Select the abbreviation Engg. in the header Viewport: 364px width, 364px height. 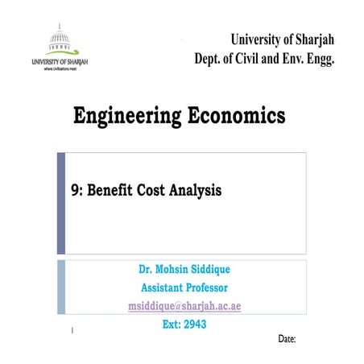click(317, 58)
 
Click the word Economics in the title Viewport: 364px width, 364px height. click(238, 116)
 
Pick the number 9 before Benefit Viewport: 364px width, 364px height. click(75, 191)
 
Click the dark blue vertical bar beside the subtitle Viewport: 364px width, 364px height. click(60, 202)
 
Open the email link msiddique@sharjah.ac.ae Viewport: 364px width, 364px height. click(185, 306)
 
